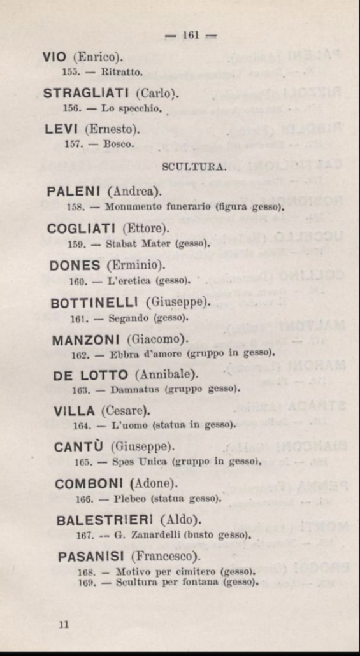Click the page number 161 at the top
pyautogui.click(x=191, y=36)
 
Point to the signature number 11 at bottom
pyautogui.click(x=64, y=625)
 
